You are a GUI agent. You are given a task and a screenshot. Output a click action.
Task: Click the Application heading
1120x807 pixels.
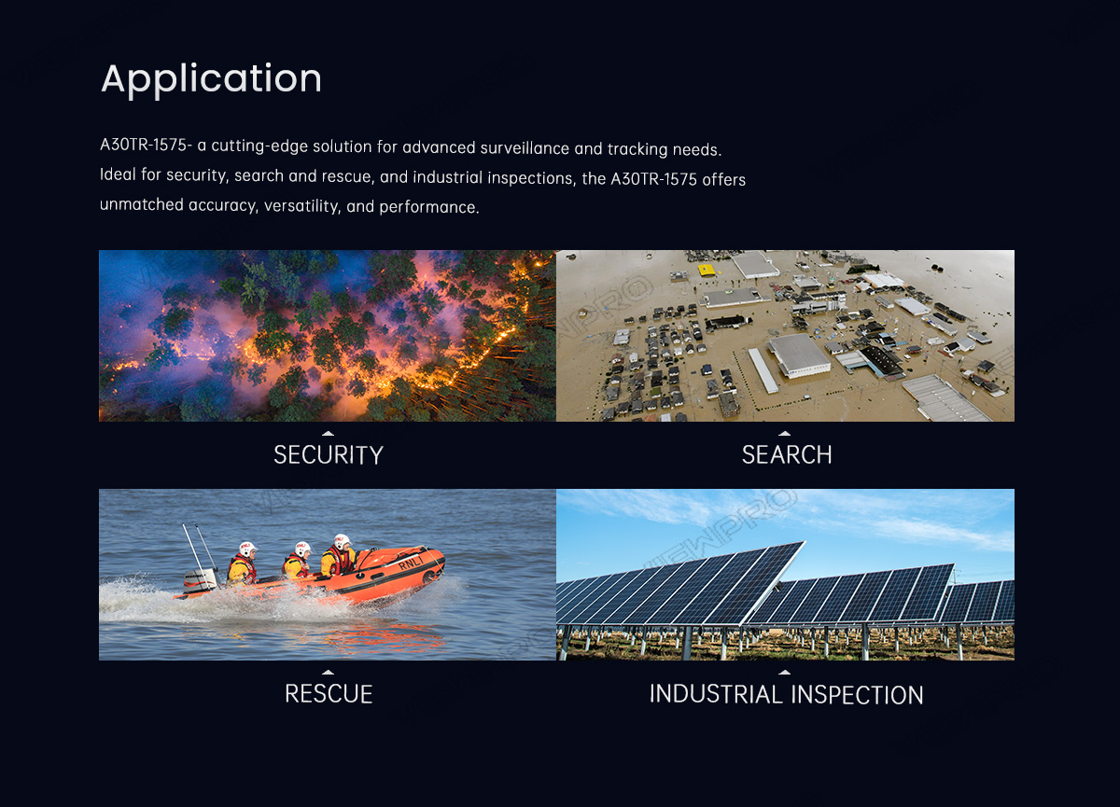pos(211,78)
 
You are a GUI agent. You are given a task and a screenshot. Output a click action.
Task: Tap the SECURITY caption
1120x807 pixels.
pos(328,454)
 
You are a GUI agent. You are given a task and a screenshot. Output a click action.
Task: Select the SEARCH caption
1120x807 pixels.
pos(787,454)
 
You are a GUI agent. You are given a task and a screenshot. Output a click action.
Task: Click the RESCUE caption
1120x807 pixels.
pos(329,694)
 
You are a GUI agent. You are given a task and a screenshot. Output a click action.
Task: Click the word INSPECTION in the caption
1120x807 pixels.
pos(857,694)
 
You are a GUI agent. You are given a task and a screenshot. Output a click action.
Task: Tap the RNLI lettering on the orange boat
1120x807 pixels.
pos(411,563)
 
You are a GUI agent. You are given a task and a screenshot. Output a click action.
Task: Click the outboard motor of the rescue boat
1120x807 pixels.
pos(201,581)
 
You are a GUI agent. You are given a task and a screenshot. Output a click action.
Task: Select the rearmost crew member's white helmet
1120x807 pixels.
pos(247,549)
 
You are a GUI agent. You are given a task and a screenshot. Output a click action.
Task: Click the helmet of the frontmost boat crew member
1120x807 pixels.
pos(343,541)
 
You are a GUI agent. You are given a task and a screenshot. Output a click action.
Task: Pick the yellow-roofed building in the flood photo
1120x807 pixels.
pos(707,271)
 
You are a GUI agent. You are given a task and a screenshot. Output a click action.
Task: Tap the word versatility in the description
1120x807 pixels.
pos(302,206)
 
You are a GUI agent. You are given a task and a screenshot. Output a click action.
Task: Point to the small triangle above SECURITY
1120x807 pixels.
pos(328,433)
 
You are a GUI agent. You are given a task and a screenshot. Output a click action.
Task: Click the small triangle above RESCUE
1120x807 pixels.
pos(328,672)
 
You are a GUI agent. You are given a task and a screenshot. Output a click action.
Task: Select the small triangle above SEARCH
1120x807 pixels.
pos(785,433)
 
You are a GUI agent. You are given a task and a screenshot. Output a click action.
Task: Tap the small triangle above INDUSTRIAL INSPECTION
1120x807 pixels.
pos(785,672)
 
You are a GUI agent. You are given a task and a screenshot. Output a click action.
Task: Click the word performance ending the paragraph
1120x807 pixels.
pos(429,207)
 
